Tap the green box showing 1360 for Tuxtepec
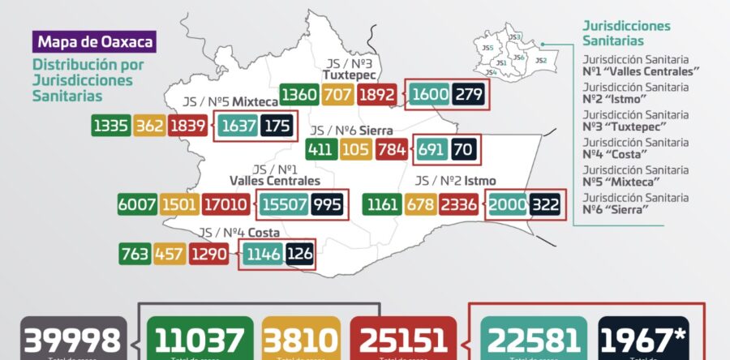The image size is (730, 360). click(x=298, y=95)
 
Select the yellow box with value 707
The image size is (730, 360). click(x=337, y=95)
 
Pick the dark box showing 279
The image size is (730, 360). click(x=470, y=95)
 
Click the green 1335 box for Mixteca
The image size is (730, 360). click(x=112, y=126)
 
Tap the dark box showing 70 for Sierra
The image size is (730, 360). click(x=463, y=149)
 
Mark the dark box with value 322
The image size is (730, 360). click(x=545, y=204)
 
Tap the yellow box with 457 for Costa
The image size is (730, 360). click(x=170, y=254)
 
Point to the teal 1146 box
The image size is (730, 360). click(x=261, y=254)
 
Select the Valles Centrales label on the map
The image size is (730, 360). click(x=274, y=181)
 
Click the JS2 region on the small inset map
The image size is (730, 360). click(x=541, y=60)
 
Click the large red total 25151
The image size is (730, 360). click(x=403, y=341)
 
